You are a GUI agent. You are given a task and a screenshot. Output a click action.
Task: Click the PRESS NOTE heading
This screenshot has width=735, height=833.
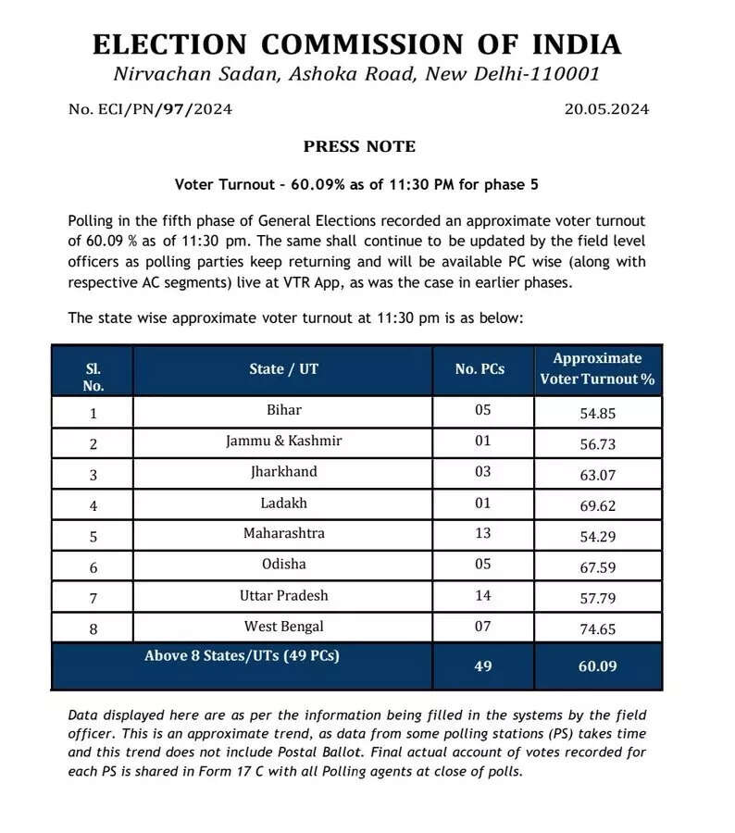pyautogui.click(x=359, y=146)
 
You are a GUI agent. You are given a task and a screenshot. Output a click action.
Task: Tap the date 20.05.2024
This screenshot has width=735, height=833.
pyautogui.click(x=606, y=109)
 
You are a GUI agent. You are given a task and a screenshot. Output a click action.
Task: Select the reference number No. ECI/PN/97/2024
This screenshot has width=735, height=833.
pyautogui.click(x=150, y=109)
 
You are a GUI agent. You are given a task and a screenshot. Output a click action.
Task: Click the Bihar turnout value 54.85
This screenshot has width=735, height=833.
pyautogui.click(x=598, y=413)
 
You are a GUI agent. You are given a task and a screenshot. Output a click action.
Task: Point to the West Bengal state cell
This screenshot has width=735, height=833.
pyautogui.click(x=283, y=627)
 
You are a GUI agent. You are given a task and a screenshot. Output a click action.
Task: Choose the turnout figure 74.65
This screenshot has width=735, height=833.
pyautogui.click(x=598, y=629)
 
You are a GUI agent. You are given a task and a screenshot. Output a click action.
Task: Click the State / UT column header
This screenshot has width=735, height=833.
pyautogui.click(x=283, y=369)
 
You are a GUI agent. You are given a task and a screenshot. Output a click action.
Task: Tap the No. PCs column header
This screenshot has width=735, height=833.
pyautogui.click(x=480, y=369)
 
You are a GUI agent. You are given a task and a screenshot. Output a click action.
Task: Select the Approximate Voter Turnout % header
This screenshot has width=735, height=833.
pyautogui.click(x=597, y=368)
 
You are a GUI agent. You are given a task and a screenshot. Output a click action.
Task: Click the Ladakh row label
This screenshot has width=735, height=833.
pyautogui.click(x=283, y=503)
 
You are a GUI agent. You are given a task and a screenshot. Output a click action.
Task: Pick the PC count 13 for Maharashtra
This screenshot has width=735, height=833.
pyautogui.click(x=482, y=534)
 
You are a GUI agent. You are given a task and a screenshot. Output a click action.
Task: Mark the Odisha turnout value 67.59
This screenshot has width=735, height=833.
pyautogui.click(x=598, y=567)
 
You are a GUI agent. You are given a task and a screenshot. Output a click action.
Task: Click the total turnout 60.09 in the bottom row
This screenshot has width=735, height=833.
pyautogui.click(x=598, y=665)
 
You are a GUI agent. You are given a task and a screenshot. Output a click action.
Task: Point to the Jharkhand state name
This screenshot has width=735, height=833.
pyautogui.click(x=283, y=472)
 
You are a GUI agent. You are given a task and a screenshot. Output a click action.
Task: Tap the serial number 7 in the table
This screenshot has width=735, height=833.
pyautogui.click(x=93, y=599)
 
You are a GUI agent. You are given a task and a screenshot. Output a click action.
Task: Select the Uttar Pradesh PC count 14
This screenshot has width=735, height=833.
pyautogui.click(x=482, y=596)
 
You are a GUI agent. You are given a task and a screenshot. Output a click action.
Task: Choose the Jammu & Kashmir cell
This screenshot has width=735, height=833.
pyautogui.click(x=283, y=441)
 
